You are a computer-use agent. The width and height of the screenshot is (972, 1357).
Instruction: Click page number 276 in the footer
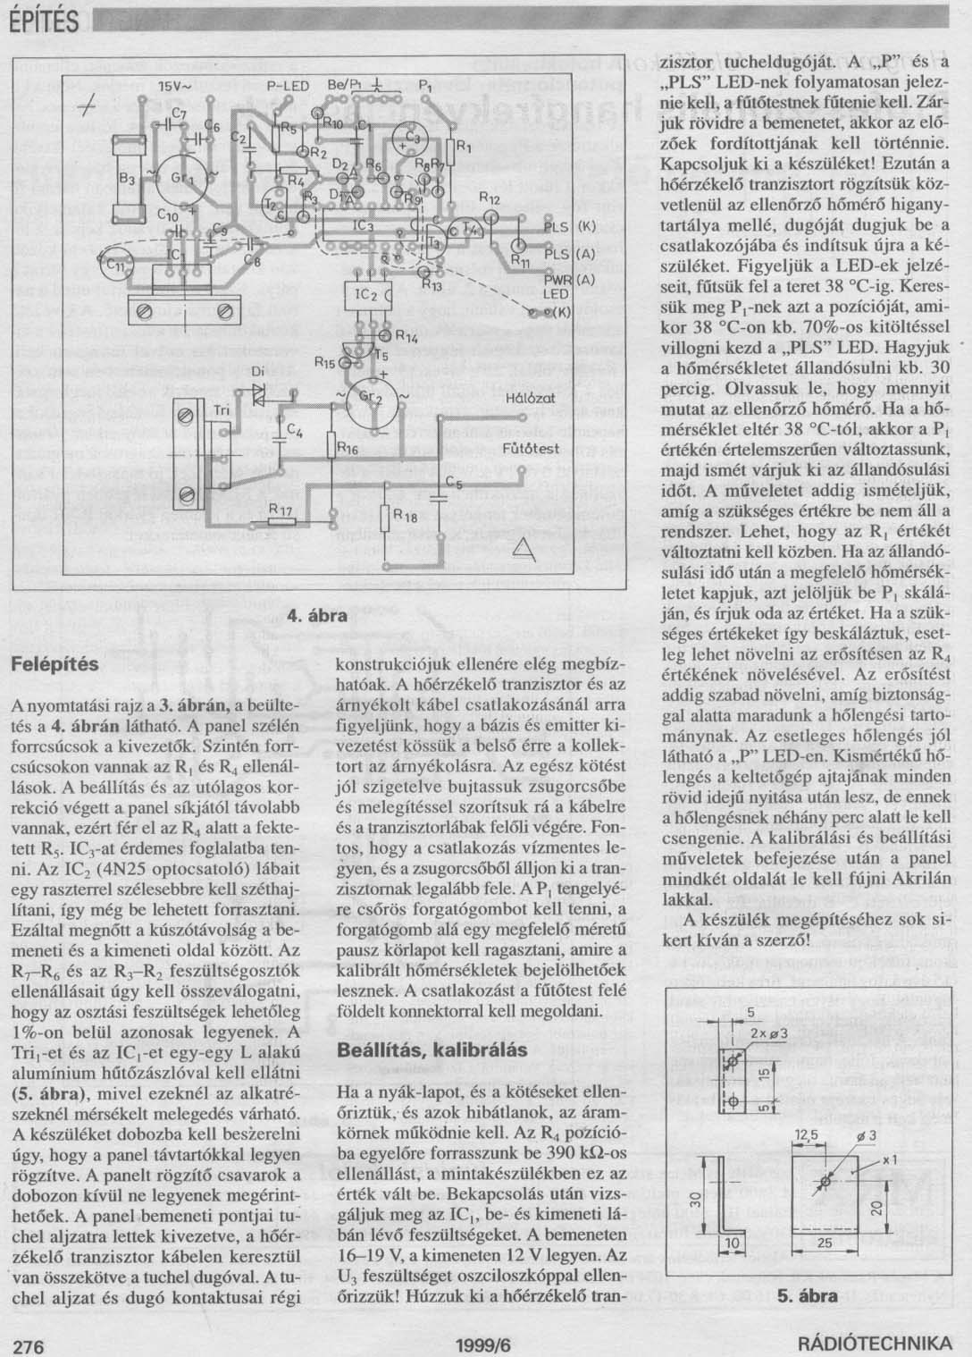(25, 1344)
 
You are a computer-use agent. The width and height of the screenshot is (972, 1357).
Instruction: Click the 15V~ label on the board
(174, 87)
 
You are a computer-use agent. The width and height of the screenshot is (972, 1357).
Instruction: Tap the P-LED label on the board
(287, 85)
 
